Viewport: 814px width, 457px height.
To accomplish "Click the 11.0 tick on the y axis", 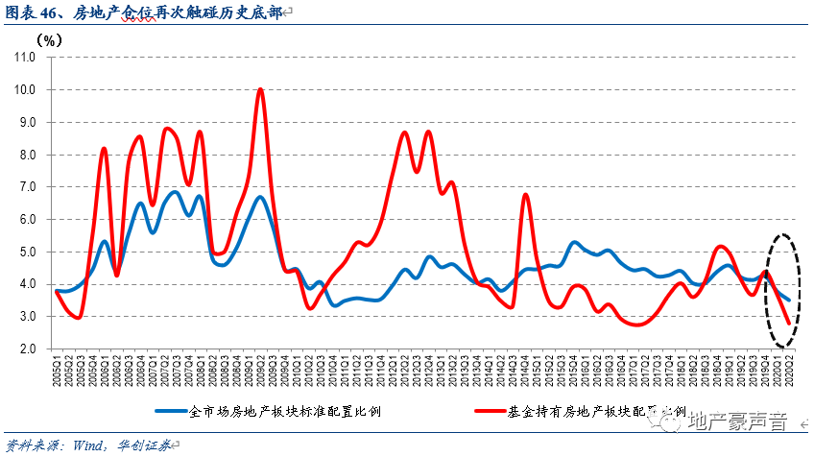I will pyautogui.click(x=23, y=57).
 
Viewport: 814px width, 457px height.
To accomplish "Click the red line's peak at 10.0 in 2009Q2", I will pyautogui.click(x=260, y=89).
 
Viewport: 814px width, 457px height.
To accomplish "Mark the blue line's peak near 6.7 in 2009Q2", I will pyautogui.click(x=260, y=197).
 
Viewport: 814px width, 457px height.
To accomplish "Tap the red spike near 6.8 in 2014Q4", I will pyautogui.click(x=526, y=195).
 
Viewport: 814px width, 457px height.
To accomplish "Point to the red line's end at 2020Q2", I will pyautogui.click(x=789, y=324).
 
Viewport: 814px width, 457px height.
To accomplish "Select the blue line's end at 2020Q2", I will pyautogui.click(x=789, y=301).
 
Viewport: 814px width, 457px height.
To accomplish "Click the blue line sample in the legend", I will pyautogui.click(x=176, y=409).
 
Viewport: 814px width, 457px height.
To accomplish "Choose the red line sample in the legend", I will pyautogui.click(x=494, y=409).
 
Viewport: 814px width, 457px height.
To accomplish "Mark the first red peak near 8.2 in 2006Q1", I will pyautogui.click(x=105, y=149).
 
